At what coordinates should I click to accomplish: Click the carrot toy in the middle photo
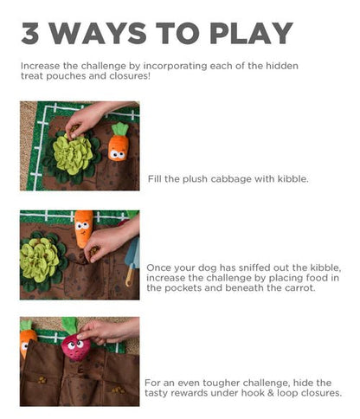coord(83,229)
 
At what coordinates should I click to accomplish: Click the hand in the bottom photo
coord(108,329)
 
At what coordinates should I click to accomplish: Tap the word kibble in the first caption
coord(285,178)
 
